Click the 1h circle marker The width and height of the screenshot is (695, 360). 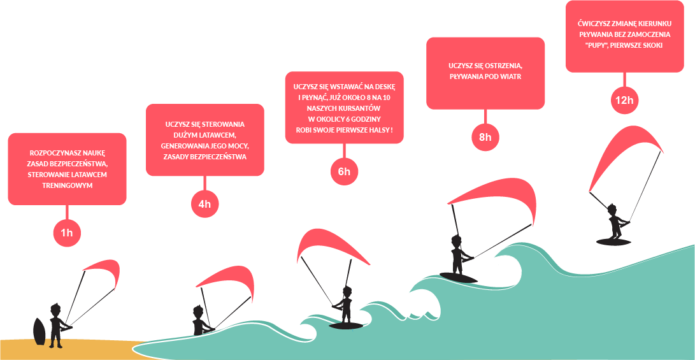[x=66, y=233]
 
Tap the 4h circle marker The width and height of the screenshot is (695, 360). [x=204, y=204]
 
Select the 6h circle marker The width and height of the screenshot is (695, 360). [x=344, y=171]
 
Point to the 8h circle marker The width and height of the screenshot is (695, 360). [x=485, y=138]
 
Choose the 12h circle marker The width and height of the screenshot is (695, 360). [x=624, y=100]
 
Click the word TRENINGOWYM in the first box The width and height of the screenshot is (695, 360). [x=67, y=185]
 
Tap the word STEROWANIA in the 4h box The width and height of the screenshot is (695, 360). [x=222, y=124]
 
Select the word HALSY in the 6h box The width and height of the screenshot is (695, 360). [x=378, y=130]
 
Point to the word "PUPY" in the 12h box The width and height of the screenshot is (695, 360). [x=597, y=46]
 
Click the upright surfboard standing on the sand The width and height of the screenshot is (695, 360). [x=40, y=331]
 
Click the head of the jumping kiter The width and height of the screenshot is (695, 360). [x=612, y=209]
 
